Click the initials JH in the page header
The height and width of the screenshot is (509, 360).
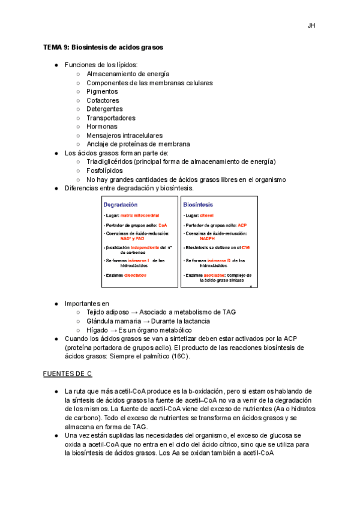pyautogui.click(x=311, y=26)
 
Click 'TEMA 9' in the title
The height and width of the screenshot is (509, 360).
pyautogui.click(x=56, y=47)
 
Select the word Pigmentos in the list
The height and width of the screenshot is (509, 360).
pyautogui.click(x=102, y=92)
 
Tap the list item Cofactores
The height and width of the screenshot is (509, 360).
pyautogui.click(x=103, y=101)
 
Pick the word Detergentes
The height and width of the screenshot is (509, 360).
pyautogui.click(x=104, y=109)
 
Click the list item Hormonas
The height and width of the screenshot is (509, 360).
pyautogui.click(x=102, y=127)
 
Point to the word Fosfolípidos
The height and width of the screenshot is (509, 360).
pyautogui.click(x=104, y=170)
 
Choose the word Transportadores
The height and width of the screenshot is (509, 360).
pyautogui.click(x=111, y=118)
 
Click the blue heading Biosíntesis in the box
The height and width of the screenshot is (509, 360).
pyautogui.click(x=198, y=205)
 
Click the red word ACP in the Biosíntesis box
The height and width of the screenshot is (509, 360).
pyautogui.click(x=242, y=224)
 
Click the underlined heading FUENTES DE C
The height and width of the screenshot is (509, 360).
pyautogui.click(x=67, y=374)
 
